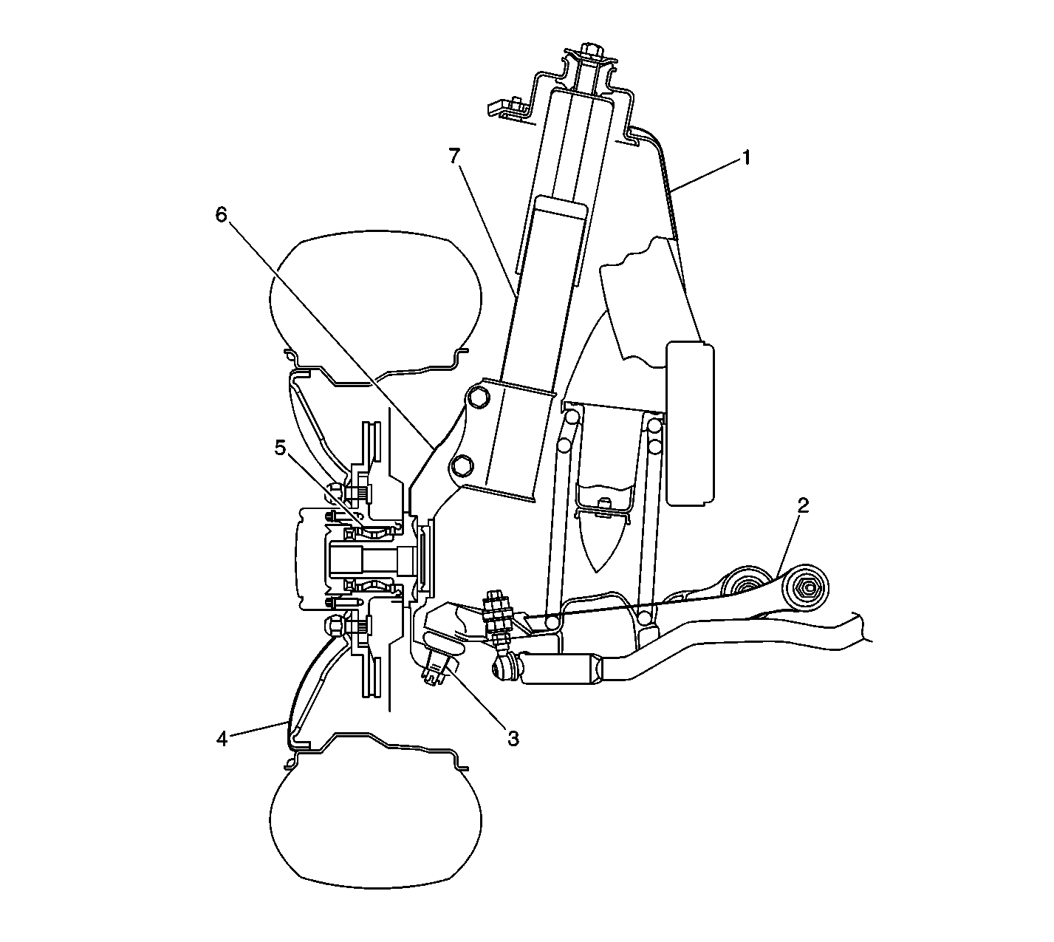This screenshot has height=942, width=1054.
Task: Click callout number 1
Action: point(747,157)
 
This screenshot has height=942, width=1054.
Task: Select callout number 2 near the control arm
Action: point(804,505)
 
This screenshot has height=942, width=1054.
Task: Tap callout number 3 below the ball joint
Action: point(513,737)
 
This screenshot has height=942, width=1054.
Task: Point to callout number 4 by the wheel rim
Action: point(222,739)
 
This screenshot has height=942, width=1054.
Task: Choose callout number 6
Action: point(222,215)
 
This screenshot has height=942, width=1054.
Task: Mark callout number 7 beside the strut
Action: point(455,156)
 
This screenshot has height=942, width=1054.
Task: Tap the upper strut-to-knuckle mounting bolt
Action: point(478,397)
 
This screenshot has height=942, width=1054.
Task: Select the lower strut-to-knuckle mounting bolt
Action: point(460,465)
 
